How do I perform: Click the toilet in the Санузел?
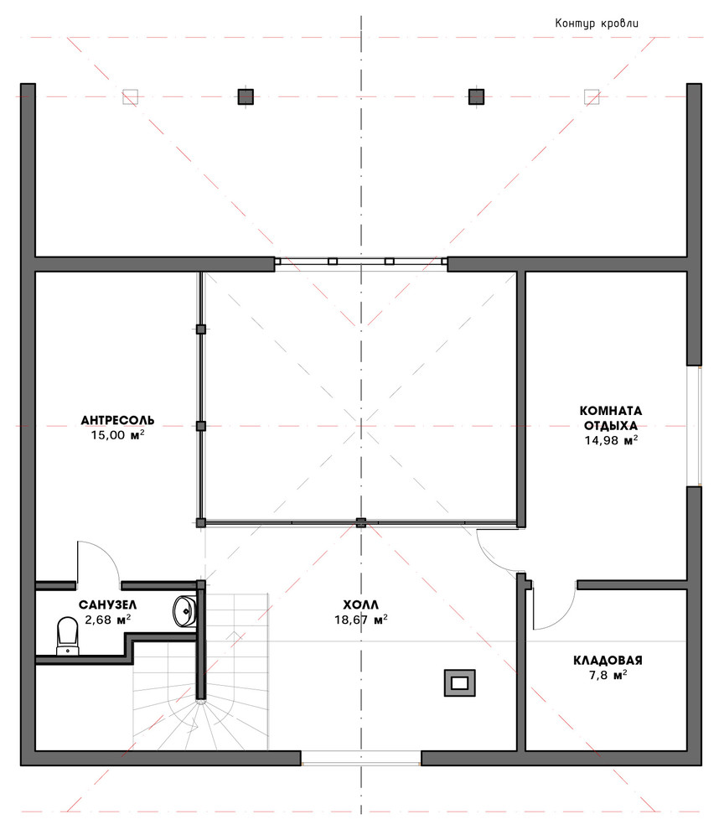pyautogui.click(x=67, y=635)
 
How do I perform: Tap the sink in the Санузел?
pyautogui.click(x=184, y=611)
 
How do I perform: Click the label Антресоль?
pyautogui.click(x=117, y=420)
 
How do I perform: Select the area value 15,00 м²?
pyautogui.click(x=117, y=435)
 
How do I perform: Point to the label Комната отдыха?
pyautogui.click(x=611, y=418)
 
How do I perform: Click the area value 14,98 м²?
pyautogui.click(x=611, y=440)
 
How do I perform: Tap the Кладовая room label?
pyautogui.click(x=608, y=660)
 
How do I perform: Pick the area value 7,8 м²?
pyautogui.click(x=608, y=675)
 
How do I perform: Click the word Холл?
pyautogui.click(x=361, y=605)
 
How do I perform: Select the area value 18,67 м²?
pyautogui.click(x=361, y=620)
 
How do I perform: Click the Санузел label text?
pyautogui.click(x=107, y=605)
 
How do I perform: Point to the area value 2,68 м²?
pyautogui.click(x=107, y=620)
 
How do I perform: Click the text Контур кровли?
pyautogui.click(x=597, y=23)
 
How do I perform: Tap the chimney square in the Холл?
pyautogui.click(x=459, y=682)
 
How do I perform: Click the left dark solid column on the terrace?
pyautogui.click(x=246, y=97)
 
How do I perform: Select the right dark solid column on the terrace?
pyautogui.click(x=476, y=97)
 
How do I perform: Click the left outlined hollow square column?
pyautogui.click(x=130, y=97)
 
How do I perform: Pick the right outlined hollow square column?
pyautogui.click(x=592, y=97)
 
